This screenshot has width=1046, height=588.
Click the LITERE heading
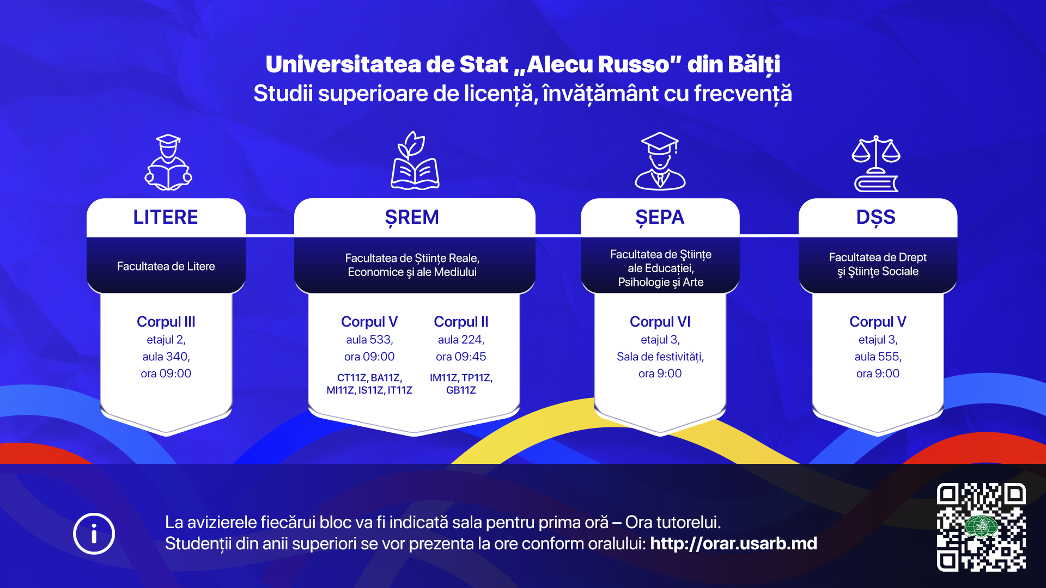pyautogui.click(x=166, y=217)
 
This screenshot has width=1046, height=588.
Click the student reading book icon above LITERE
pyautogui.click(x=168, y=162)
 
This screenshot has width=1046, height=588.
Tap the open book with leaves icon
pyautogui.click(x=415, y=161)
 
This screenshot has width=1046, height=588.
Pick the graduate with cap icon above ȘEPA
pyautogui.click(x=660, y=161)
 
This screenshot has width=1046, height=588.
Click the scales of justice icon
pyautogui.click(x=876, y=164)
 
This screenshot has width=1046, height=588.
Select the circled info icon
pyautogui.click(x=94, y=534)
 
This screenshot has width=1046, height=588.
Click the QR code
pyautogui.click(x=981, y=527)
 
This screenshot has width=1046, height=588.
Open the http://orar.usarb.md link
pyautogui.click(x=733, y=543)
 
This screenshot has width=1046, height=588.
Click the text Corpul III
pyautogui.click(x=166, y=322)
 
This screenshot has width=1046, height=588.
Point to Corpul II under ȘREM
pyautogui.click(x=461, y=322)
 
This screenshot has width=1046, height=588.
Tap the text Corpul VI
pyautogui.click(x=660, y=322)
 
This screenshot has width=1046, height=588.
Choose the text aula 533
pyautogui.click(x=369, y=340)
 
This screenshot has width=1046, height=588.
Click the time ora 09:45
pyautogui.click(x=461, y=357)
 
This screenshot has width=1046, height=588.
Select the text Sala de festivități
pyautogui.click(x=660, y=357)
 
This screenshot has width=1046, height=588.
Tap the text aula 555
pyautogui.click(x=878, y=357)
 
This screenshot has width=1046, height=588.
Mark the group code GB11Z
pyautogui.click(x=461, y=390)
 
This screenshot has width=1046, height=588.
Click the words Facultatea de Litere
pyautogui.click(x=166, y=266)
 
